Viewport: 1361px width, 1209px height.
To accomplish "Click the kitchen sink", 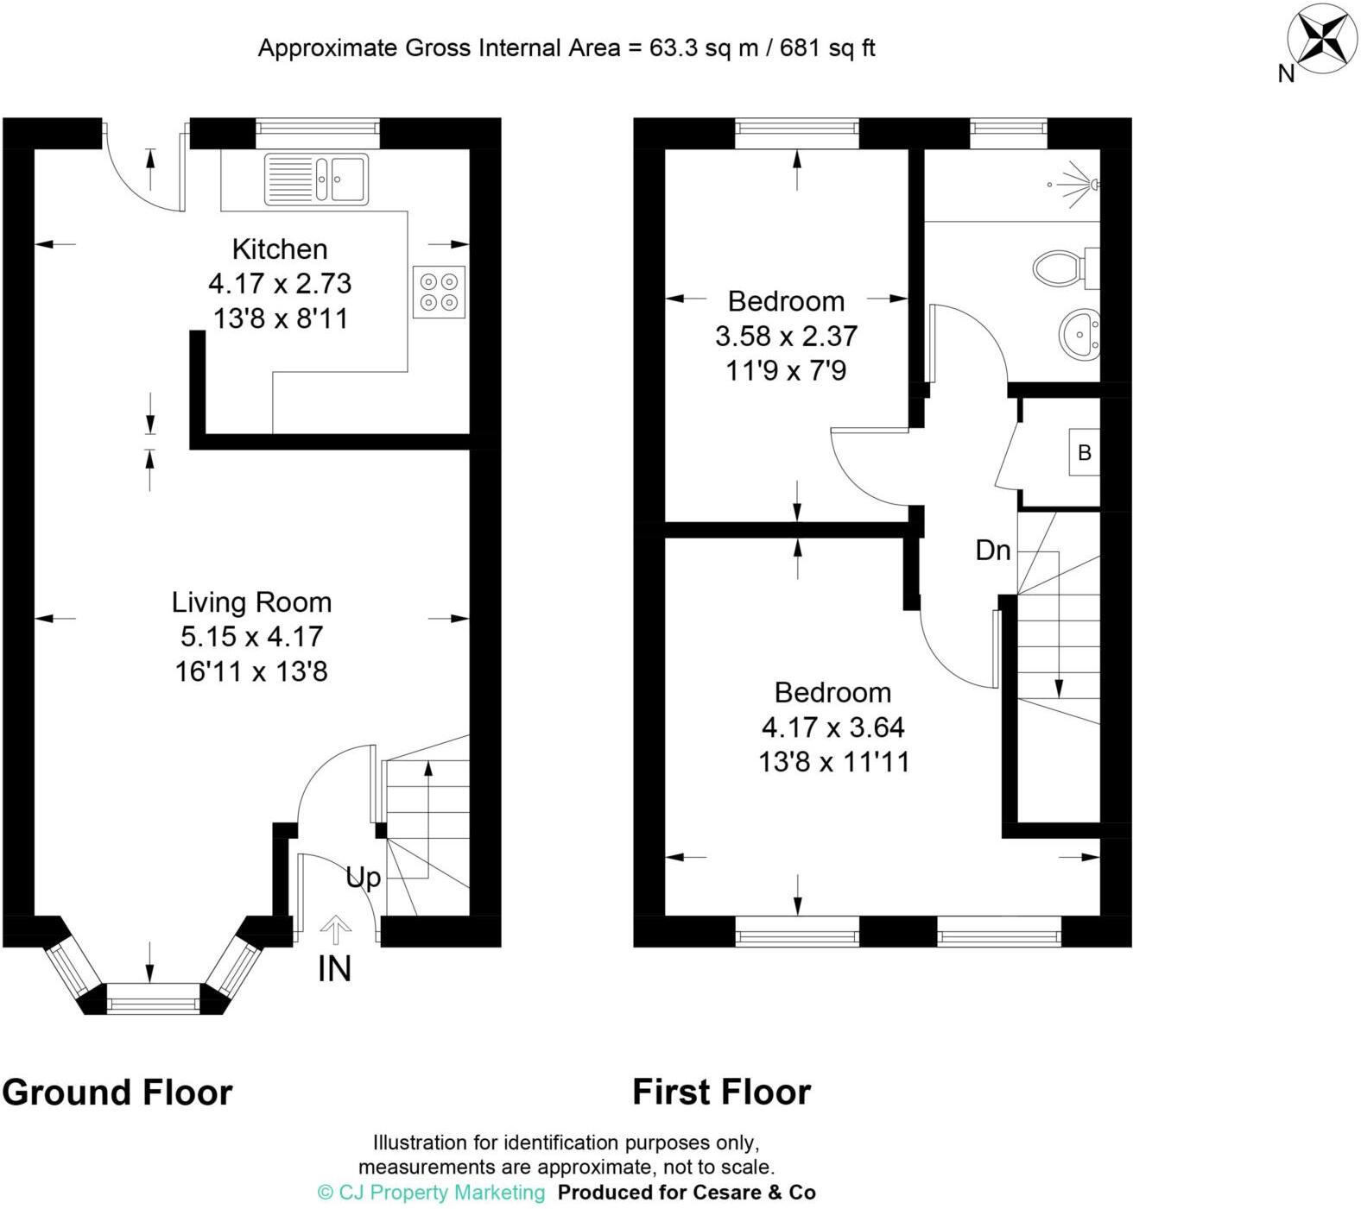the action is click(316, 179).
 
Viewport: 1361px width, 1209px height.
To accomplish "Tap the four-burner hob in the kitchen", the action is click(439, 292).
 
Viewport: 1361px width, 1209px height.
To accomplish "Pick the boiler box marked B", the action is click(1085, 452).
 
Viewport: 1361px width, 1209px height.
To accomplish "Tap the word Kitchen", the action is click(280, 249).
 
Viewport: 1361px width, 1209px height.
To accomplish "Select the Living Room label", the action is click(251, 601).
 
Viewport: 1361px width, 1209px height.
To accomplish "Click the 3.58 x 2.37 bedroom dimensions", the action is click(786, 336).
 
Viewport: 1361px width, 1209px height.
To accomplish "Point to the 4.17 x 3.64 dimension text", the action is click(832, 727).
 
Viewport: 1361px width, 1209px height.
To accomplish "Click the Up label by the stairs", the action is click(363, 878).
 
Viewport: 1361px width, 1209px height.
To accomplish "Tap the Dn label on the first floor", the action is click(992, 551).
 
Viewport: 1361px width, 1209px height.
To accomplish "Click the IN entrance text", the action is click(335, 969).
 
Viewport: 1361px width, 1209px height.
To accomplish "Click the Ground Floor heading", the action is click(117, 1093).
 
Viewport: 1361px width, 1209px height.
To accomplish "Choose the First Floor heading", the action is click(721, 1093).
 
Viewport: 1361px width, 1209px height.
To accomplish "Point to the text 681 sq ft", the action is click(827, 48).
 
